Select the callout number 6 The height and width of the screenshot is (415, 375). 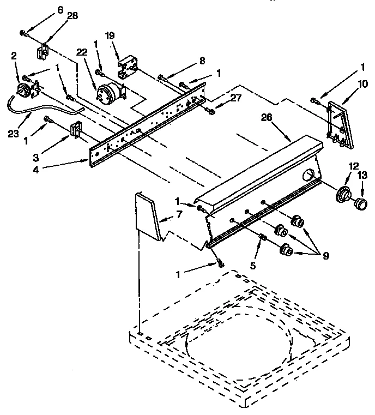pyautogui.click(x=60, y=9)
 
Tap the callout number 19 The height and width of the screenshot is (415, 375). pyautogui.click(x=110, y=36)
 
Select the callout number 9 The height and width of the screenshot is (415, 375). pyautogui.click(x=325, y=255)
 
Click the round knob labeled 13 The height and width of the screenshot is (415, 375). pyautogui.click(x=359, y=204)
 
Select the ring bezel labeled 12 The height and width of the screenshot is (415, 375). pyautogui.click(x=343, y=194)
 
